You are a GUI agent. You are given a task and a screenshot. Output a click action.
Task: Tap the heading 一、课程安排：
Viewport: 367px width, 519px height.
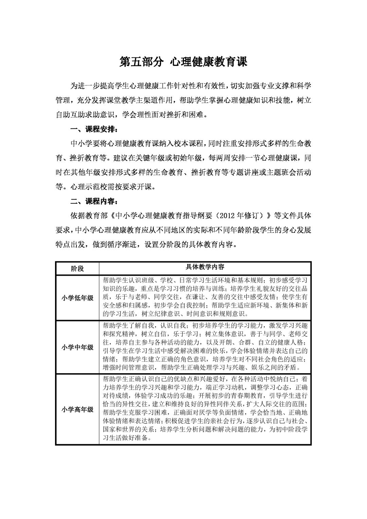pos(94,129)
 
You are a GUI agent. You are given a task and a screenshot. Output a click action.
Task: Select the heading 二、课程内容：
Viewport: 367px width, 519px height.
pos(94,201)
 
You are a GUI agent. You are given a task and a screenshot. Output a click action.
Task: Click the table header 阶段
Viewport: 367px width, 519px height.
pos(77,269)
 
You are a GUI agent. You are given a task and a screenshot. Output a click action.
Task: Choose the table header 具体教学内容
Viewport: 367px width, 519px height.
pos(205,267)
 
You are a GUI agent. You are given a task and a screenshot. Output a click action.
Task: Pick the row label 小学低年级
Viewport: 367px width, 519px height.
pos(77,298)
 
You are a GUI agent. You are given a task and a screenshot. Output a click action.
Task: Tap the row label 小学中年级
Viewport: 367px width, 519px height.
pos(77,347)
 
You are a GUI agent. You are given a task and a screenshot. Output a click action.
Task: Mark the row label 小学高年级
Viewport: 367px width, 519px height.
pos(77,410)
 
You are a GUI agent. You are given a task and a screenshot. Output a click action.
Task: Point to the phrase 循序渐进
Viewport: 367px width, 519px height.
pos(120,244)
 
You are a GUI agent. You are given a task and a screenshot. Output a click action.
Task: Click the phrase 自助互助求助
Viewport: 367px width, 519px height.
pos(78,115)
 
